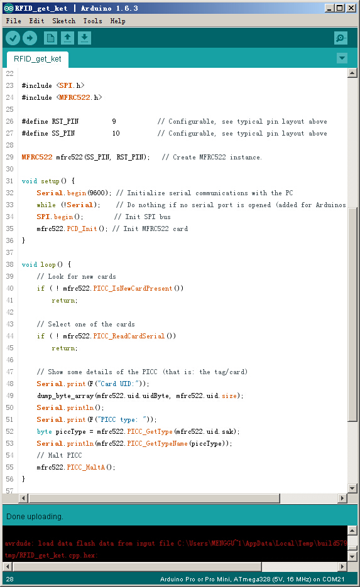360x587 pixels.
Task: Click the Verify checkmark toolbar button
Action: (13, 38)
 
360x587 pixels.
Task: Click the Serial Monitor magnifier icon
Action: (341, 38)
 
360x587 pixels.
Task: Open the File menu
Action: (13, 21)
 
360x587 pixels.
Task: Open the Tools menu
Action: (92, 21)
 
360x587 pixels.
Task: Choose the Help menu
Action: (117, 21)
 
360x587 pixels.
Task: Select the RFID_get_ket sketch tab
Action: (38, 59)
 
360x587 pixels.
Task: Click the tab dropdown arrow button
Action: (342, 58)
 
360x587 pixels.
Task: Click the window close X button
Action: (351, 8)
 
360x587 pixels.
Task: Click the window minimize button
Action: (329, 8)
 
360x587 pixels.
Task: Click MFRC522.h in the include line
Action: (79, 97)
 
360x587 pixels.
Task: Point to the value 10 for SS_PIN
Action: (116, 133)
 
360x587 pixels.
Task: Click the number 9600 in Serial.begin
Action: (97, 193)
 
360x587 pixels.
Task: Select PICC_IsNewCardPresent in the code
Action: (133, 288)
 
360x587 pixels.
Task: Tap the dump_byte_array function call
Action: (65, 396)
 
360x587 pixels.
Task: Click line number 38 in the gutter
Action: (10, 264)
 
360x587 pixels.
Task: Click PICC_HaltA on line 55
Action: (86, 467)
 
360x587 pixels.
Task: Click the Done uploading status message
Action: (35, 517)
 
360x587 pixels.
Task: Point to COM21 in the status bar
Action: (333, 579)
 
